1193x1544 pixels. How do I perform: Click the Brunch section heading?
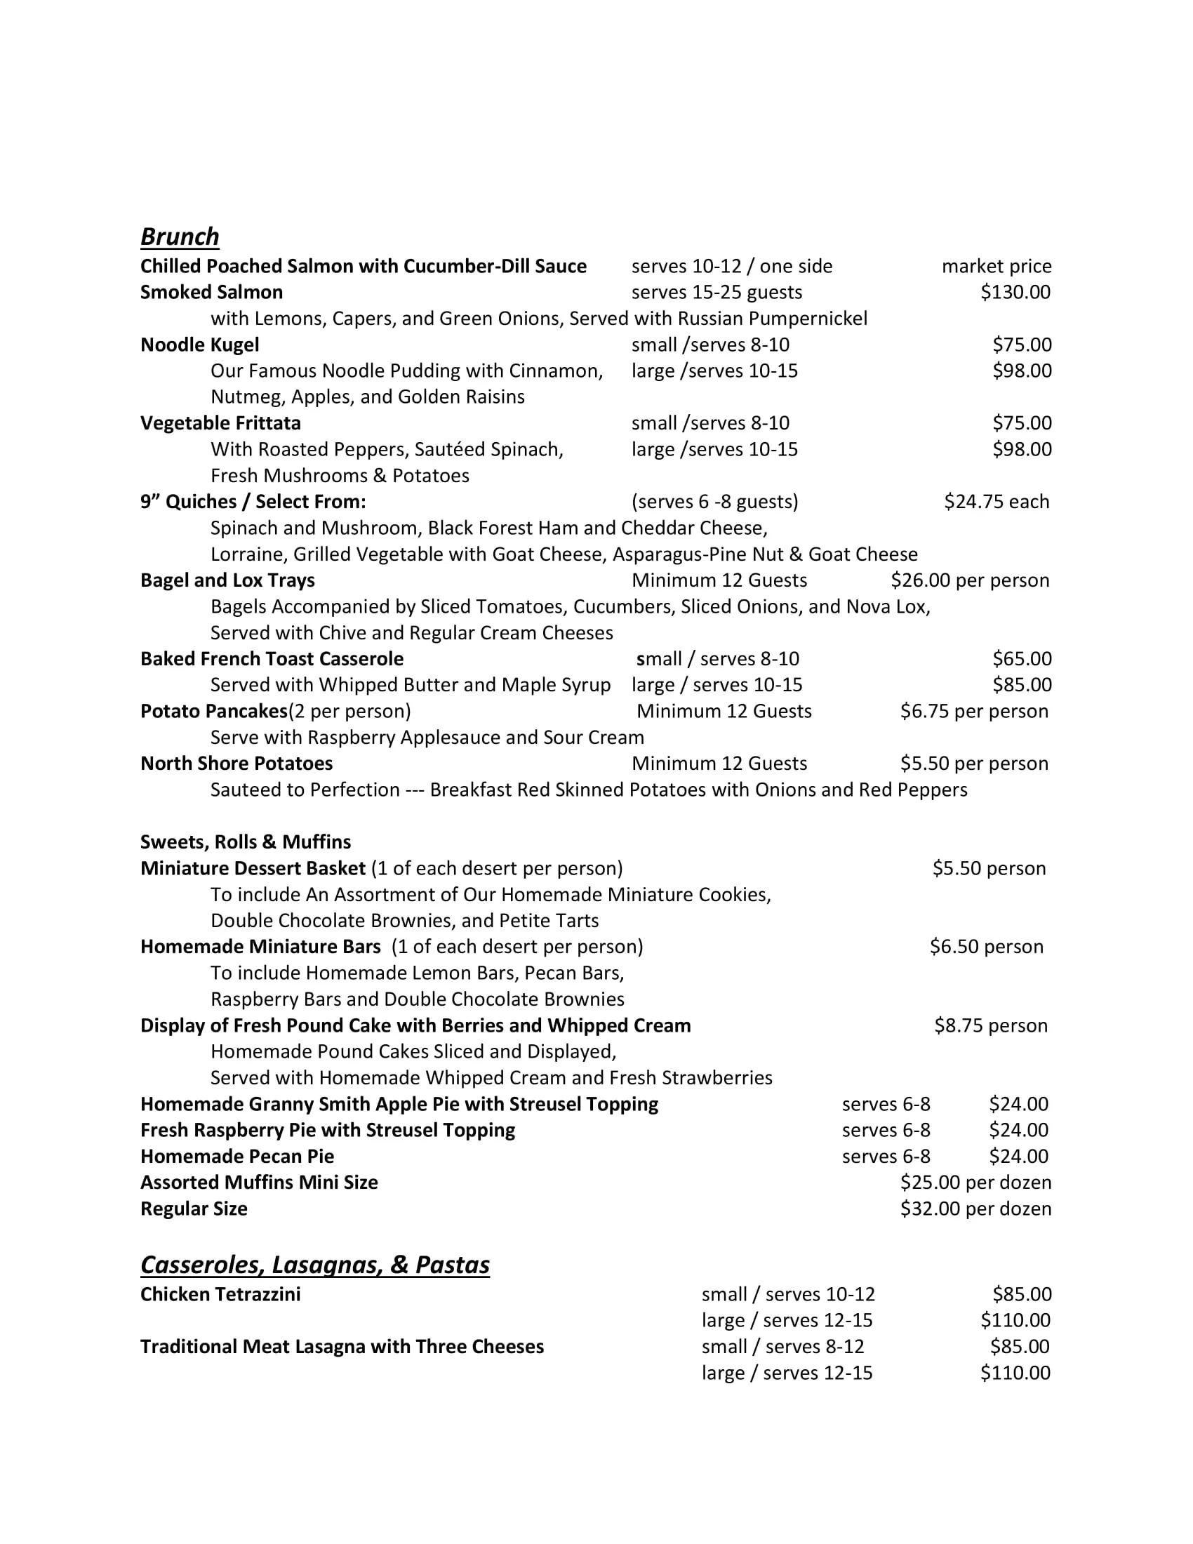(x=180, y=236)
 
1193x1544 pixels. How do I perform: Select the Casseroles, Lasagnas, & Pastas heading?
(x=314, y=1265)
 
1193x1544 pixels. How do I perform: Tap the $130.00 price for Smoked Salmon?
(x=1015, y=292)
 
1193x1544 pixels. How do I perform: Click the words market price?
(x=996, y=266)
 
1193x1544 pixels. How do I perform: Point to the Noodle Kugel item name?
(x=199, y=345)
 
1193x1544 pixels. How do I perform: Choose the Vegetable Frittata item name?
(x=220, y=422)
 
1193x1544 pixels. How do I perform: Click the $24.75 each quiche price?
(x=996, y=501)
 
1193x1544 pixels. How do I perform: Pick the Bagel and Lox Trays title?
(x=227, y=580)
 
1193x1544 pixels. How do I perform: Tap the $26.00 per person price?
(x=970, y=580)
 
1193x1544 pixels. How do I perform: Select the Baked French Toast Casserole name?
(x=272, y=658)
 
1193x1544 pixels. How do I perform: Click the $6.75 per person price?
(x=974, y=710)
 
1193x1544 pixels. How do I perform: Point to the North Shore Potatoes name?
(x=236, y=763)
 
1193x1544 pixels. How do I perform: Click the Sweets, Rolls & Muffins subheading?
(x=245, y=841)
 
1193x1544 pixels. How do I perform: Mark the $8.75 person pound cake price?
(x=990, y=1025)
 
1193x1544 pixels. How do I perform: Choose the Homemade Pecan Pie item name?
(x=236, y=1156)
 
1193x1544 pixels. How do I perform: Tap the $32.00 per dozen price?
(x=975, y=1209)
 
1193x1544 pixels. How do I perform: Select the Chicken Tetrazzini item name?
(x=220, y=1293)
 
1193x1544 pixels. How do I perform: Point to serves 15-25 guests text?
(x=717, y=292)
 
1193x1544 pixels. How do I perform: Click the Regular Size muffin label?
(x=194, y=1209)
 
